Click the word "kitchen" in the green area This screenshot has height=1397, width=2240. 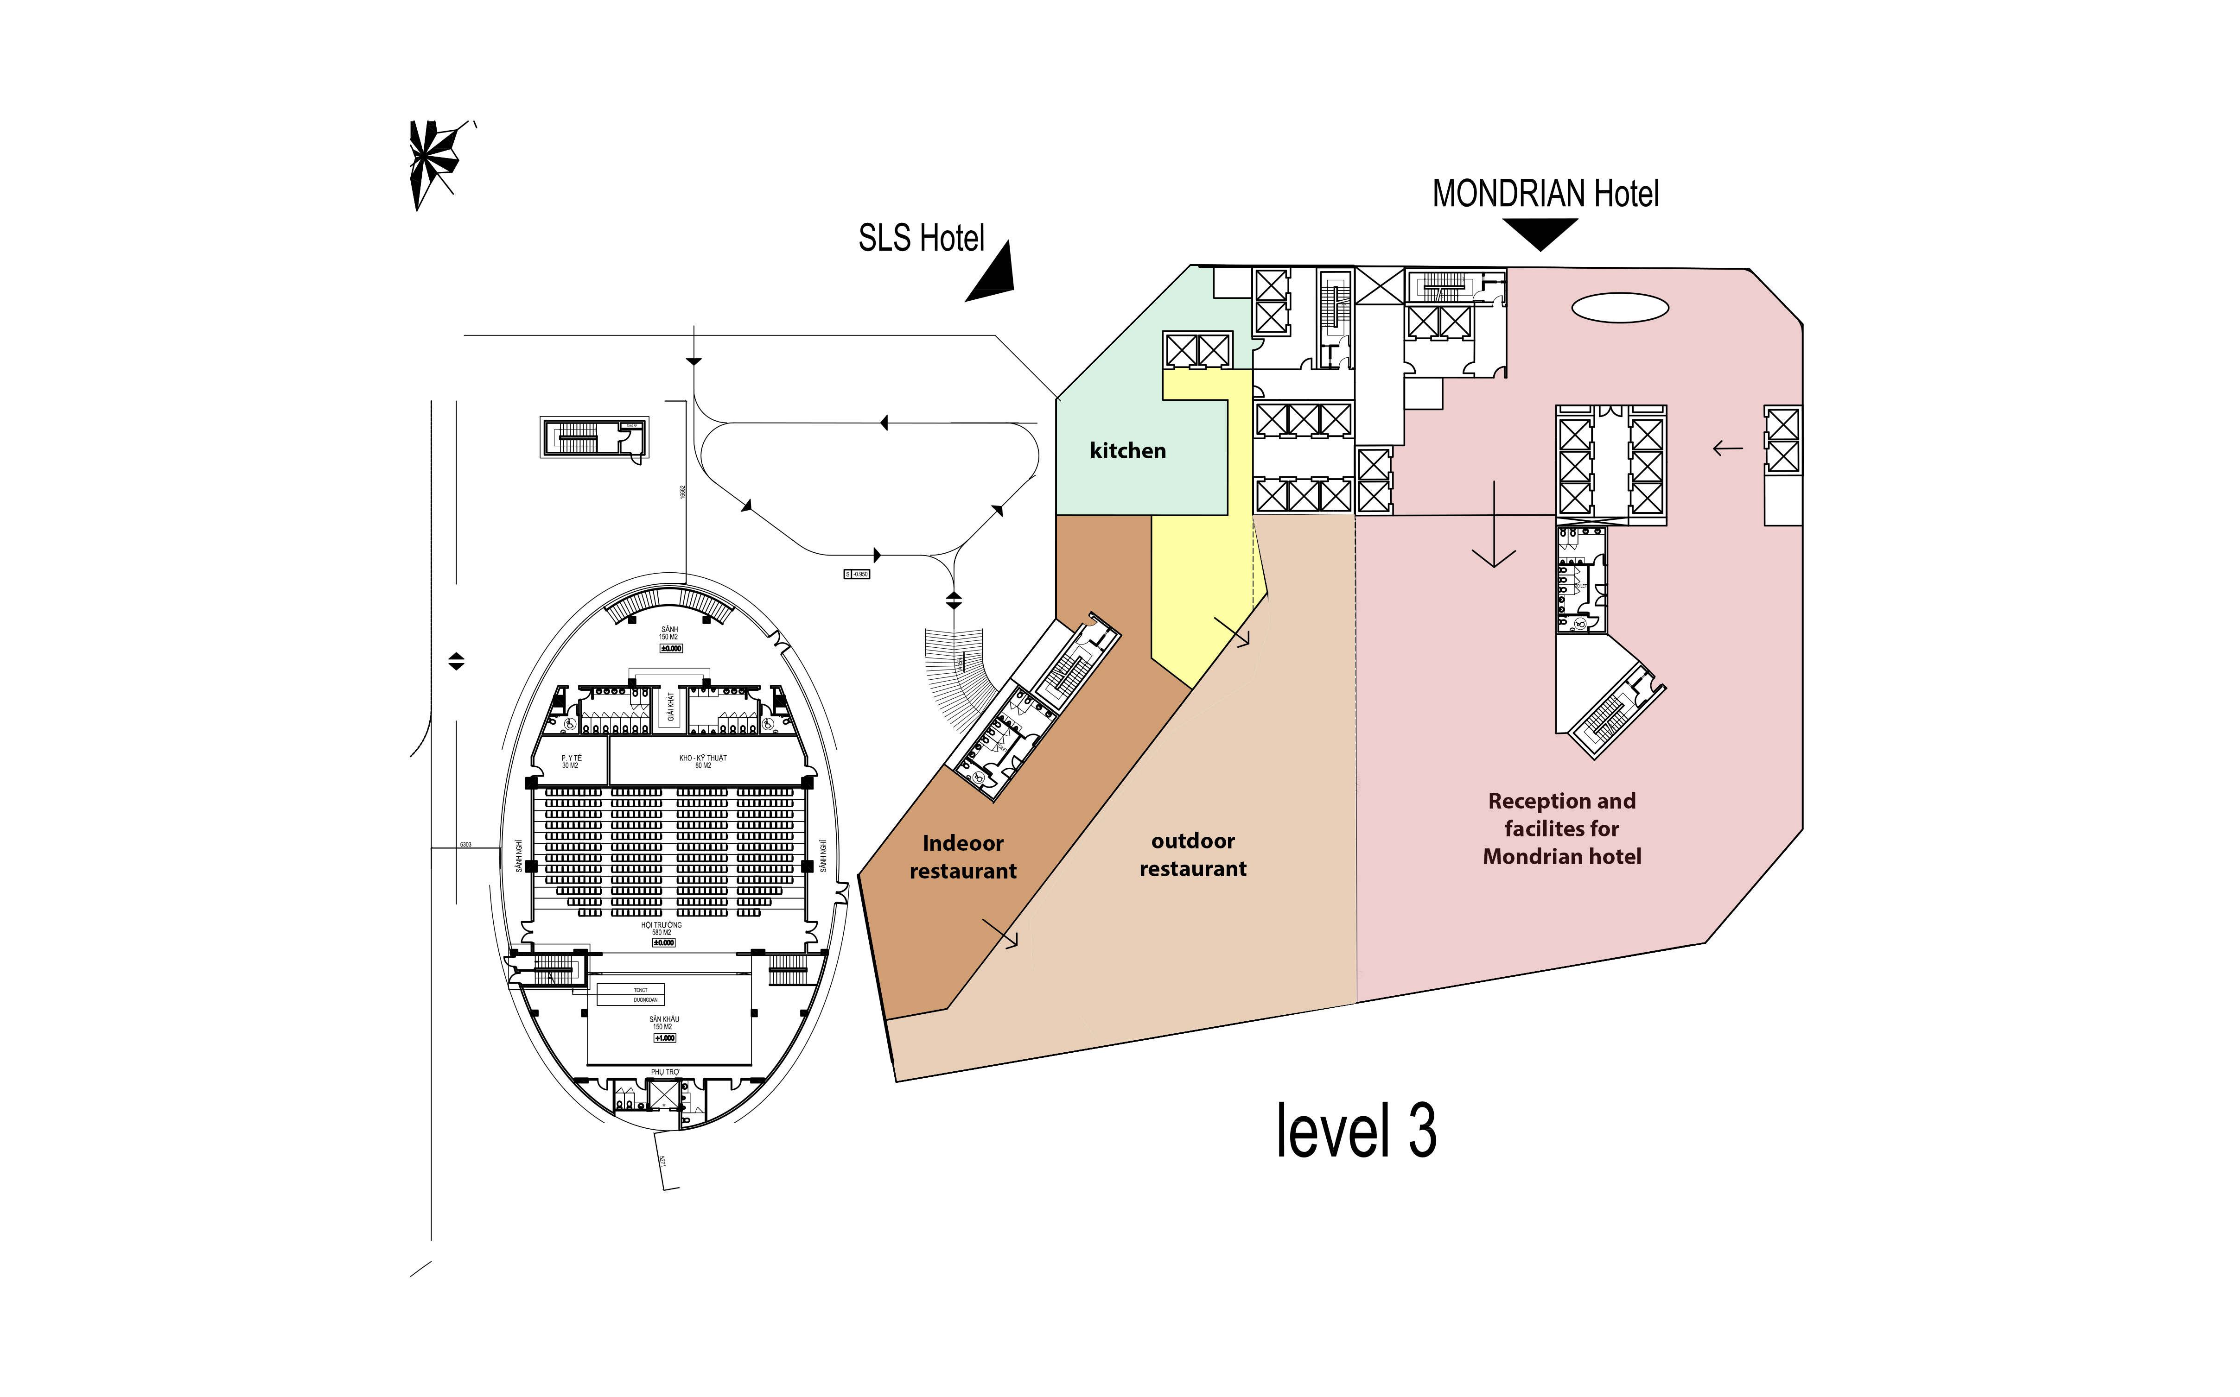(x=1127, y=451)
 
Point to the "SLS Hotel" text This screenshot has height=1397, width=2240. (x=921, y=238)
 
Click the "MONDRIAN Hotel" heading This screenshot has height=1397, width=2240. (x=1545, y=194)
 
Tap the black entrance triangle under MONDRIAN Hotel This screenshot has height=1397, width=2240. (x=1540, y=233)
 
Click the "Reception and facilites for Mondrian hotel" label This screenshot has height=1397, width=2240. (x=1562, y=829)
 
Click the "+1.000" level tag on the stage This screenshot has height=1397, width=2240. (x=664, y=1037)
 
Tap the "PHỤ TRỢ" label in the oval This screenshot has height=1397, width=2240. (x=664, y=1072)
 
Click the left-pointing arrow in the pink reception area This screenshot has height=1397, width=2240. (x=1726, y=449)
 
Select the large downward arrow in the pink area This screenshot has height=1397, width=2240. (x=1493, y=527)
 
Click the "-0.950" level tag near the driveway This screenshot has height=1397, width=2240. (x=857, y=574)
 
